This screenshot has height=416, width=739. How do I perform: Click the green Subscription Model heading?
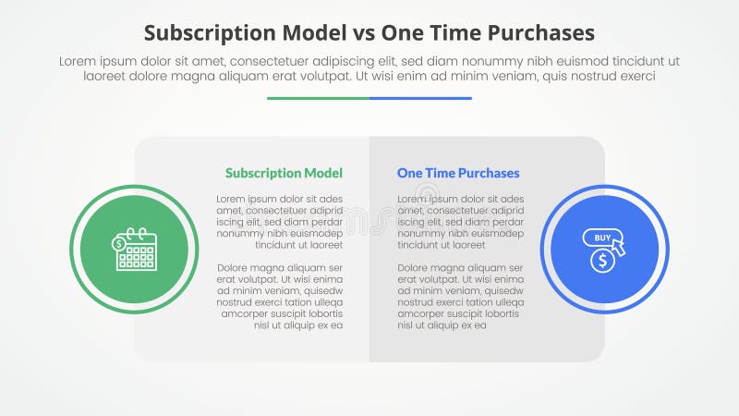(284, 173)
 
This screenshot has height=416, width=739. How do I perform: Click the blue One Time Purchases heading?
(458, 173)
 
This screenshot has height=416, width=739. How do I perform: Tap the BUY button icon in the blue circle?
(600, 239)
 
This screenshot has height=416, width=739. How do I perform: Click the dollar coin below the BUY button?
(602, 262)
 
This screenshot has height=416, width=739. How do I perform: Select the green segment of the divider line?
(318, 98)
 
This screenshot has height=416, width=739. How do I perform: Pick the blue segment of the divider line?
(420, 98)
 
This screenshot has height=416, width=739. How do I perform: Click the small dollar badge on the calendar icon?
(119, 243)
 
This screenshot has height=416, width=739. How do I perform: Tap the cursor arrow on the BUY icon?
(618, 247)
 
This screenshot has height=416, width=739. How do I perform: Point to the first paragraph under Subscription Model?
(280, 222)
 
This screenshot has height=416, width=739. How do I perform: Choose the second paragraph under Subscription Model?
(280, 297)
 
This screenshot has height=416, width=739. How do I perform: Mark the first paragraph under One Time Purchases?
(461, 222)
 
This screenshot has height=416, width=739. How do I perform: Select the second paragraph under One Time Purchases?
(461, 297)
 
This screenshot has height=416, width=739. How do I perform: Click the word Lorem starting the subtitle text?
(79, 61)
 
